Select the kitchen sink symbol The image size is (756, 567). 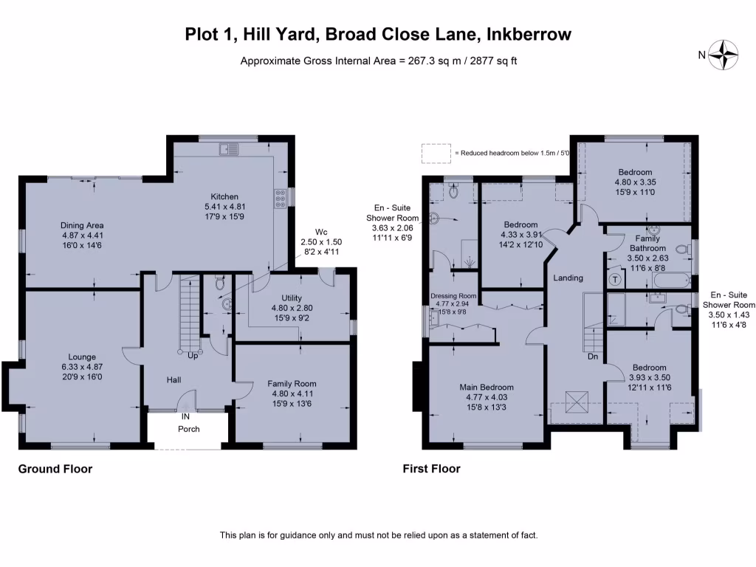228,150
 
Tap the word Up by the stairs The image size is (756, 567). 192,356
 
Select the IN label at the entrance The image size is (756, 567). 186,416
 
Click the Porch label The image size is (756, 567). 189,429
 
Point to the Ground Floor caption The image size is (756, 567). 55,469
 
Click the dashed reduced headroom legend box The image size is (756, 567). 436,153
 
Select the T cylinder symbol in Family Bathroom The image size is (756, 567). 616,280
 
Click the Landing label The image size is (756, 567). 568,278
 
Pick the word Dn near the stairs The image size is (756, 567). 592,356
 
